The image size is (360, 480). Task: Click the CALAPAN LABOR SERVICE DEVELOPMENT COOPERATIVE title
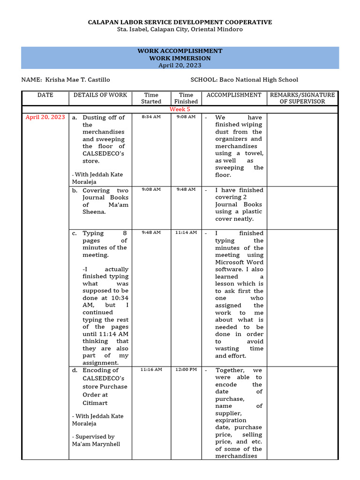(180, 22)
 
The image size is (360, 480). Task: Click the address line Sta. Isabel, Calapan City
(180, 30)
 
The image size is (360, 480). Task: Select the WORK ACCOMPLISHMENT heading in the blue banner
(180, 51)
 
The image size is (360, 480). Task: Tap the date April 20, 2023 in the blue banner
(180, 65)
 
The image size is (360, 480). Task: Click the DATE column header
(45, 95)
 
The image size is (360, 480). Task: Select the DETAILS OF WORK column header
(100, 95)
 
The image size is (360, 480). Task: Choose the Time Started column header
(151, 98)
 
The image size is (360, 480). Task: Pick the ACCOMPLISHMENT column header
(234, 95)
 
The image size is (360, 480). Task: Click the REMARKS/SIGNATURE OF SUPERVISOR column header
(302, 98)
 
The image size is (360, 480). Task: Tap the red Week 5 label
(180, 109)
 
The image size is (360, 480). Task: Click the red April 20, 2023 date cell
(45, 117)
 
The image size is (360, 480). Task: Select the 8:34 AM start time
(151, 117)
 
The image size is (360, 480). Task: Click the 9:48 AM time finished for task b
(186, 189)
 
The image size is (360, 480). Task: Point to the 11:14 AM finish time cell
(186, 232)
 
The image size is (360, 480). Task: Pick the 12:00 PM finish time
(186, 369)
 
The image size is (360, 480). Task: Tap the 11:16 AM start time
(151, 369)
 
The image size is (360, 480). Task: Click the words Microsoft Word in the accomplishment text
(239, 262)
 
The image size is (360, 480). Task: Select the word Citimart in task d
(95, 403)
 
